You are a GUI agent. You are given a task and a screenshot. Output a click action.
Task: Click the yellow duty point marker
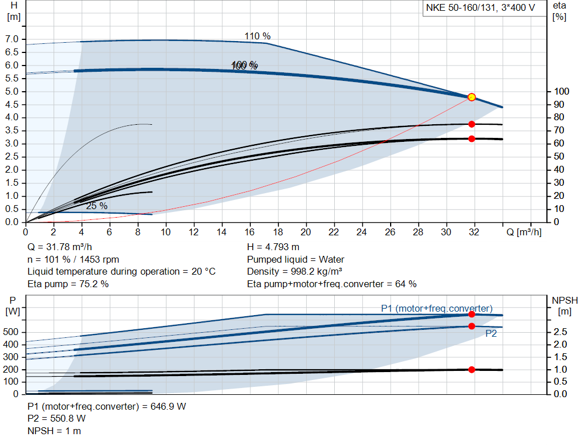(472, 97)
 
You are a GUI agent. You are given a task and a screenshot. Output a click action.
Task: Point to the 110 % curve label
(258, 36)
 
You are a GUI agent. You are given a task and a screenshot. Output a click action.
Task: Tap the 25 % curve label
(97, 206)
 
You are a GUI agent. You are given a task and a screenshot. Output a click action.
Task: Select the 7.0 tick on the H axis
(11, 39)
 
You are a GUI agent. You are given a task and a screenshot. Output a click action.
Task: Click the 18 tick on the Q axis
(278, 232)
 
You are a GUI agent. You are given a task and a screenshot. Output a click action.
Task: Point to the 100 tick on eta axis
(562, 92)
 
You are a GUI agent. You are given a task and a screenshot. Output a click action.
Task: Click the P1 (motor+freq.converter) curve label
(437, 308)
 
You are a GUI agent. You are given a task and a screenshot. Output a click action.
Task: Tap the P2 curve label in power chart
(491, 334)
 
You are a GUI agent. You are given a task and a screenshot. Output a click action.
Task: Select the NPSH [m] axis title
(565, 305)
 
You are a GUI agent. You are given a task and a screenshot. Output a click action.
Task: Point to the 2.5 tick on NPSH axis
(560, 332)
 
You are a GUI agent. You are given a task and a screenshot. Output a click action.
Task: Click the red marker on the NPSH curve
(472, 370)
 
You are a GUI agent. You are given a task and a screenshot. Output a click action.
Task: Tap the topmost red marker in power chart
(472, 315)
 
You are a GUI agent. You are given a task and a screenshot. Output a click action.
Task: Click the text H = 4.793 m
(273, 247)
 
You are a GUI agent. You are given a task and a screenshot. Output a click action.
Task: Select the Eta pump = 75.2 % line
(68, 284)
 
